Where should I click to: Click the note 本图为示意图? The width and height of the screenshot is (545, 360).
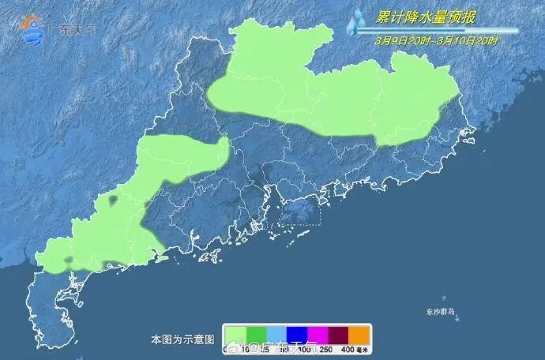pyautogui.click(x=183, y=339)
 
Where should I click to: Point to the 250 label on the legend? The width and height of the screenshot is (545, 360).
pyautogui.click(x=326, y=348)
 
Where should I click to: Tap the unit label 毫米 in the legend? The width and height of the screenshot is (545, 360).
pyautogui.click(x=364, y=348)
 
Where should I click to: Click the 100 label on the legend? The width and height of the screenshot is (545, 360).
pyautogui.click(x=305, y=348)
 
